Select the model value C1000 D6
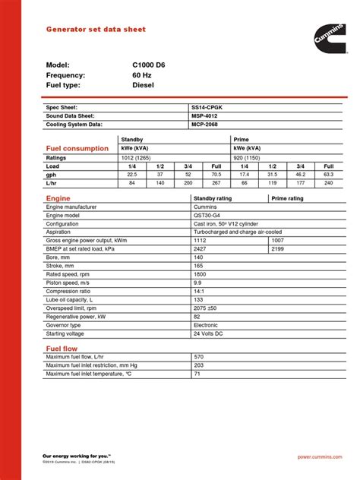(149, 65)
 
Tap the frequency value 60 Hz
(144, 76)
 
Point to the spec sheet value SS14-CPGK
(206, 108)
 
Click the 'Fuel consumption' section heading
(78, 149)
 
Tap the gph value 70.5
(216, 174)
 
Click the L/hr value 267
(216, 183)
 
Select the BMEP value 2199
(278, 248)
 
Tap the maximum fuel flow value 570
(199, 356)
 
